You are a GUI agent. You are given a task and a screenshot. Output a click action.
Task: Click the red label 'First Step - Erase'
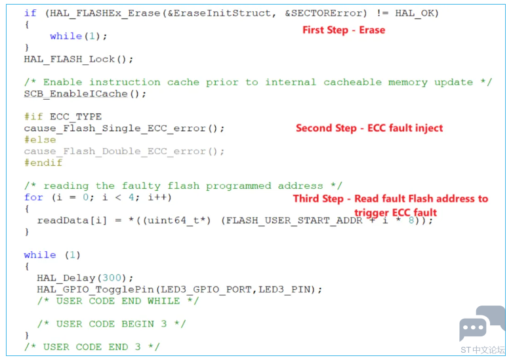[x=344, y=30]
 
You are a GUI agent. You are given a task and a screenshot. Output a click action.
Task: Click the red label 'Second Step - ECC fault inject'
[x=369, y=129]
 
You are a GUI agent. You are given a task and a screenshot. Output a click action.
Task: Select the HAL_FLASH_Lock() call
[x=79, y=59]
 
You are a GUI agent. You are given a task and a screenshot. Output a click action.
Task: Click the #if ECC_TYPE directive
[x=63, y=117]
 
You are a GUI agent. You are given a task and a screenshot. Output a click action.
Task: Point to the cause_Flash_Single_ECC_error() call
[x=124, y=128]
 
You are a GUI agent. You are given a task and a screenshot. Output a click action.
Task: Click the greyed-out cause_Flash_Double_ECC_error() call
[x=124, y=151]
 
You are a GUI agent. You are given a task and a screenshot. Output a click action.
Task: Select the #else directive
[x=40, y=140]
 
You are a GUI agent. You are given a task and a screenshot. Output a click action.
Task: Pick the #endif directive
[x=43, y=163]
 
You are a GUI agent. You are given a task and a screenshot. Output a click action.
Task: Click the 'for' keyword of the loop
[x=33, y=197]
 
